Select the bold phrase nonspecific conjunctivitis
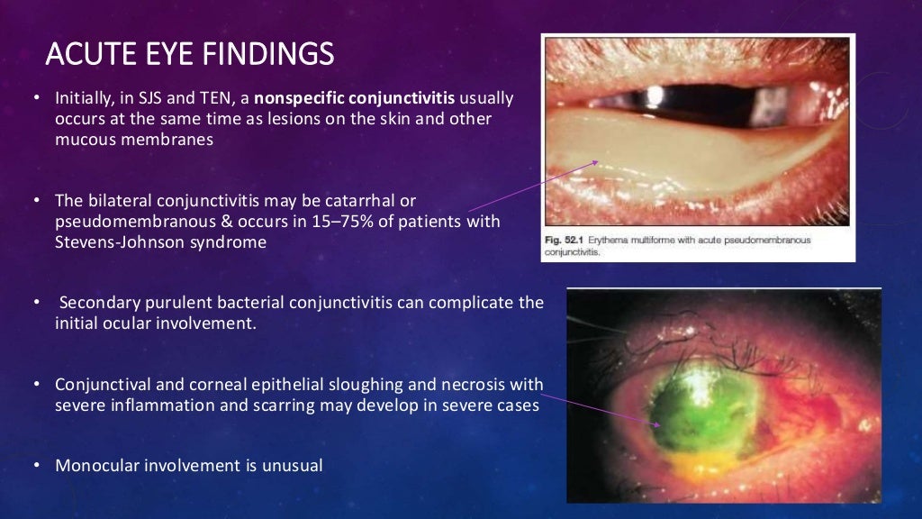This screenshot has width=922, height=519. (x=355, y=97)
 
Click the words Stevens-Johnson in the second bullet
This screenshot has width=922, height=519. (x=114, y=242)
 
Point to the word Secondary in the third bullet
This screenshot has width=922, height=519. (x=95, y=303)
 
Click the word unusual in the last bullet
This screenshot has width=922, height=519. (x=292, y=466)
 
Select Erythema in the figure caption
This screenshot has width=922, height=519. (x=616, y=240)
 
